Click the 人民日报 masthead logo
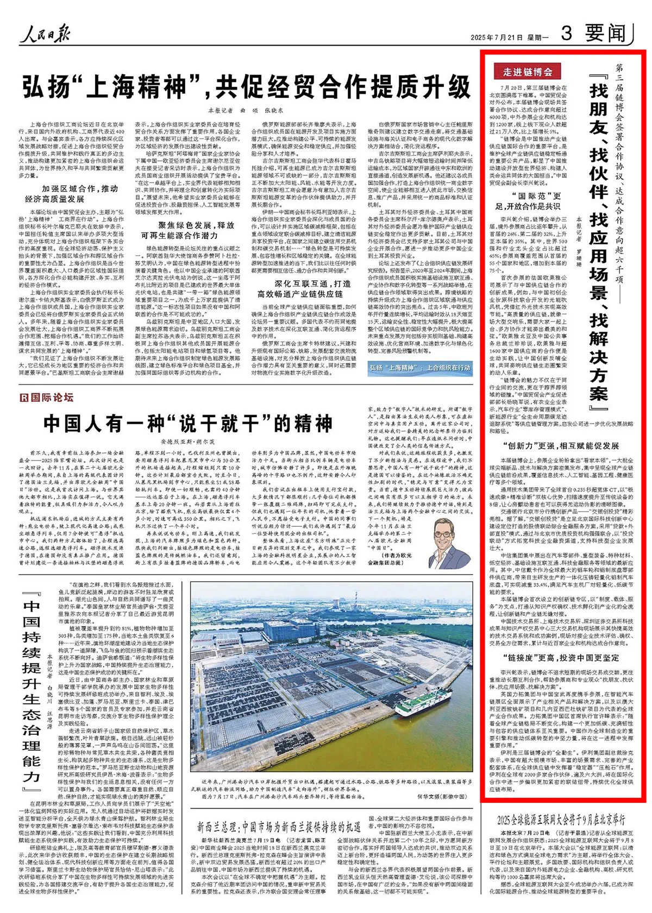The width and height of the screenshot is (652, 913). coord(46,34)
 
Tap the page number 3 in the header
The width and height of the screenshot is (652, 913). coord(567,34)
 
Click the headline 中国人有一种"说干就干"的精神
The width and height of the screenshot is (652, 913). coord(187,424)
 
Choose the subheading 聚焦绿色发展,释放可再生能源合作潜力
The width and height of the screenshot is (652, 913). coord(188,230)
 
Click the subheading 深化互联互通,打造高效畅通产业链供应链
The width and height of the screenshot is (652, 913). coord(304,289)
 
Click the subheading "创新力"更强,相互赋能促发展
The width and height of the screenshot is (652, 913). coord(560,446)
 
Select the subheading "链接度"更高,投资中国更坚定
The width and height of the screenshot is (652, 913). coord(560,658)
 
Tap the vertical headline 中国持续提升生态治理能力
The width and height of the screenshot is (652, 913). coord(32,684)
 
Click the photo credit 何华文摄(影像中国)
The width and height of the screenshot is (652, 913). coord(442,797)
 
